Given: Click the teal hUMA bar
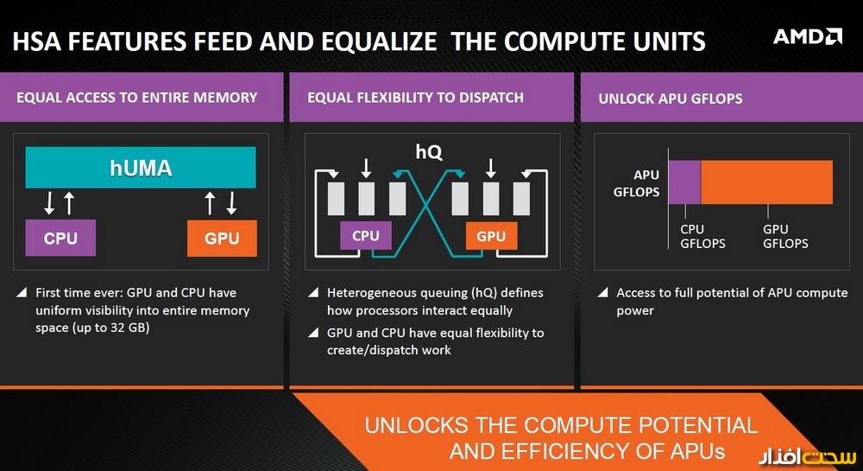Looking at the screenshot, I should tap(141, 168).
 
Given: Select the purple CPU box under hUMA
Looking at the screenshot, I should tap(60, 239).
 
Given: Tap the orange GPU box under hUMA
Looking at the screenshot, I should tap(222, 239).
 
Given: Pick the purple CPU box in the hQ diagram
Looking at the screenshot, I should tap(366, 236).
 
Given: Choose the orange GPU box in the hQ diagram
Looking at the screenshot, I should tap(491, 236).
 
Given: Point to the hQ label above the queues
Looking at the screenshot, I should tap(429, 152).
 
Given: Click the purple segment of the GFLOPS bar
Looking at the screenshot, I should tap(684, 182).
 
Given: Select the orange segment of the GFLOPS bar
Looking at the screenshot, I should tap(766, 182).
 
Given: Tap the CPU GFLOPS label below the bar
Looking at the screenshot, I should tap(702, 237).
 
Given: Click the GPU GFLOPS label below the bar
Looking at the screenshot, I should tap(785, 237).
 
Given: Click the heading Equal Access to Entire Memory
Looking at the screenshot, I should tap(136, 98).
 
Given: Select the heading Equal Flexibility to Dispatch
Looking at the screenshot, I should tap(415, 98).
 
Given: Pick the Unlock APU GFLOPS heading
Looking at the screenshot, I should tap(670, 99).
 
